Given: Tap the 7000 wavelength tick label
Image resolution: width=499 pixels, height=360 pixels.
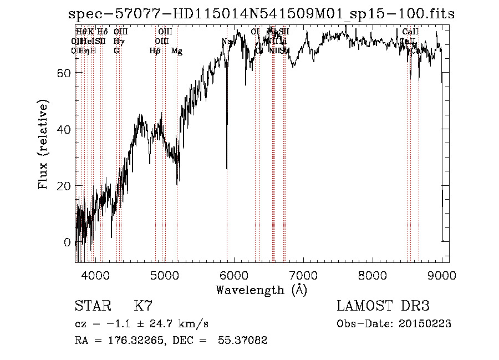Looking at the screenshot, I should [303, 275].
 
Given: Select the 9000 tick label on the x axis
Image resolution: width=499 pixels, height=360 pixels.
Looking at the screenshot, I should [442, 275].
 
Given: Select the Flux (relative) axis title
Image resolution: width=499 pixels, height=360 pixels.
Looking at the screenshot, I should [44, 144].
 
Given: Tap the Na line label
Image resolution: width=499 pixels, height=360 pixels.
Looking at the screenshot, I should [226, 42].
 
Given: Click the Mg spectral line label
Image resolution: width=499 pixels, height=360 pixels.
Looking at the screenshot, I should [177, 51].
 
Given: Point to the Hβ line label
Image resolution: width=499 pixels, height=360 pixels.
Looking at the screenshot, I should [155, 51].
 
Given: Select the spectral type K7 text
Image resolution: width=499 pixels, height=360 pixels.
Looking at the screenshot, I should [143, 306].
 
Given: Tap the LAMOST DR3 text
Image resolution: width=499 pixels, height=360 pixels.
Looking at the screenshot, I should [383, 306].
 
